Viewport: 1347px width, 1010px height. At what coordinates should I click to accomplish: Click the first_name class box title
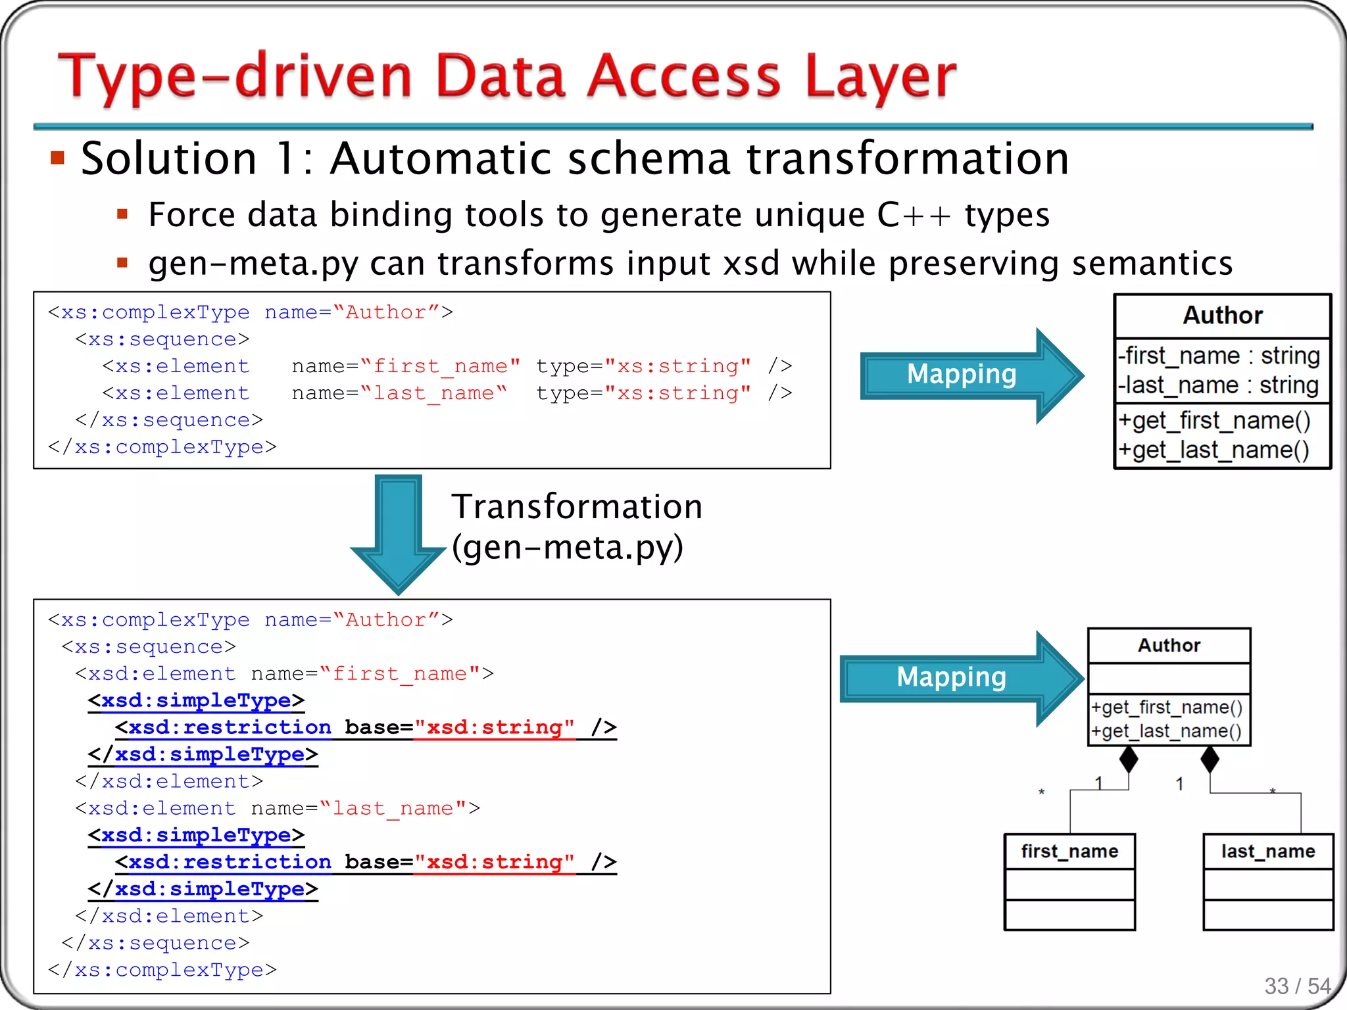pos(1069,852)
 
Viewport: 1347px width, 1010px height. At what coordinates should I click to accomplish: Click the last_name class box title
pos(1268,852)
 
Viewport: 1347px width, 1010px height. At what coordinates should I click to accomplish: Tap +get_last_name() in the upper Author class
pos(1214,450)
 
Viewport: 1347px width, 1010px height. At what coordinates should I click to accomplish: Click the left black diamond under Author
pos(1129,759)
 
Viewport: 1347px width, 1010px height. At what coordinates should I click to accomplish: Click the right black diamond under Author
pos(1210,759)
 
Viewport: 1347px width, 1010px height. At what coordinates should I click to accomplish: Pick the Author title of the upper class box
pos(1223,316)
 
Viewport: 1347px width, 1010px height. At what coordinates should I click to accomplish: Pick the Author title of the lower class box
pos(1169,646)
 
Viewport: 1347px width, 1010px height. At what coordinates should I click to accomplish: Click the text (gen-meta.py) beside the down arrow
pos(568,547)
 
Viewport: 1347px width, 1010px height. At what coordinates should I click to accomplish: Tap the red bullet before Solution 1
pos(58,158)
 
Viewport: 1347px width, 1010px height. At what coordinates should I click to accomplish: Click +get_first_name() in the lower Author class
pos(1167,708)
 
